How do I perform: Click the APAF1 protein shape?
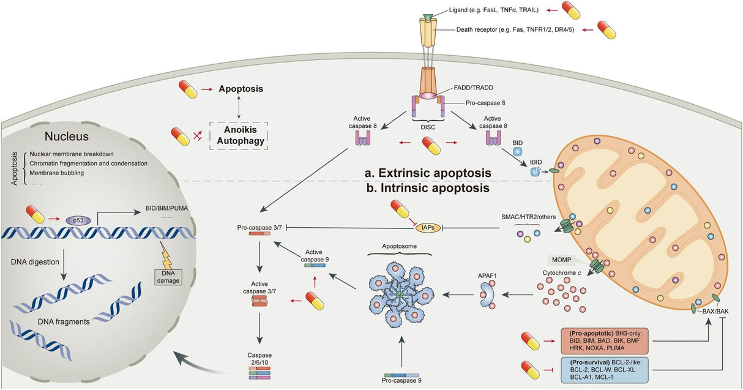pyautogui.click(x=489, y=295)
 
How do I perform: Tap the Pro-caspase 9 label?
pyautogui.click(x=402, y=381)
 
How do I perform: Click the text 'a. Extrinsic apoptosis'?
pyautogui.click(x=436, y=174)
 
